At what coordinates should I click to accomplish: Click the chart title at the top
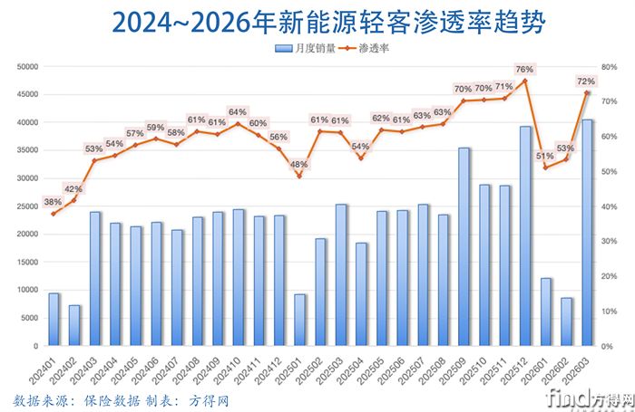tap(318, 21)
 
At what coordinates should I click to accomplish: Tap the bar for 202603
tap(587, 233)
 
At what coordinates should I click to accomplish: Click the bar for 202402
tap(74, 325)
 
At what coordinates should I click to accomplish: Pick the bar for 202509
tap(464, 246)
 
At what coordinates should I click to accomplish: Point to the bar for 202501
tap(300, 320)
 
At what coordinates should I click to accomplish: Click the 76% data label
tap(524, 69)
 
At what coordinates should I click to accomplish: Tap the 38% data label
tap(53, 202)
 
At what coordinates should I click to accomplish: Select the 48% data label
tap(299, 164)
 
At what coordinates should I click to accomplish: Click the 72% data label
tap(586, 81)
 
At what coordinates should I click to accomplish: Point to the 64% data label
tap(238, 112)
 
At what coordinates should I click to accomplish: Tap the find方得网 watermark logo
tap(590, 398)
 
